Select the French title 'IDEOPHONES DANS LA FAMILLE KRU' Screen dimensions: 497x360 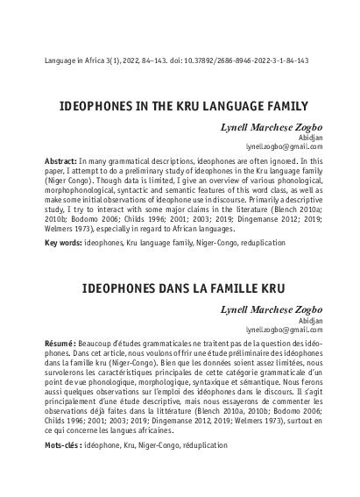tap(180, 287)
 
